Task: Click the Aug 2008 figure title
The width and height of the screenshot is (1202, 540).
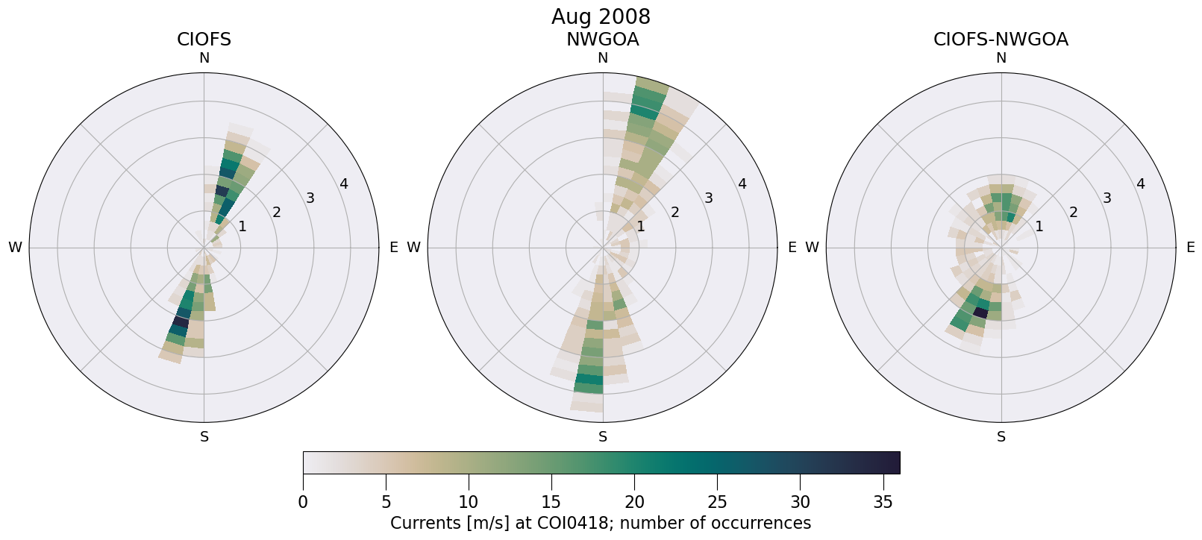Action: click(x=601, y=16)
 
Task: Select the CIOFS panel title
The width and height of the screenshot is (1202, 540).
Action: click(x=204, y=40)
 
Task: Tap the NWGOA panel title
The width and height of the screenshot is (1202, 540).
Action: click(x=602, y=40)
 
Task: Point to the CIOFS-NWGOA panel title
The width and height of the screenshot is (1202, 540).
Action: click(x=1001, y=40)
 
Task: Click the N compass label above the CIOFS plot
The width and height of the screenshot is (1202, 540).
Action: click(x=204, y=58)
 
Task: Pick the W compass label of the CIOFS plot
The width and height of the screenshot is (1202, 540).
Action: click(x=15, y=248)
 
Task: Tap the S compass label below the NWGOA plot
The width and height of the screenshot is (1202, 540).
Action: click(x=602, y=437)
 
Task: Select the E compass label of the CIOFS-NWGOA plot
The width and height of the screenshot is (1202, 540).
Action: click(x=1190, y=248)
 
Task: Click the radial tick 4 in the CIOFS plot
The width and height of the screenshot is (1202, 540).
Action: click(x=343, y=184)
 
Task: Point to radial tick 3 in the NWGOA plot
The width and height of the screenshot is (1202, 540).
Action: click(x=708, y=198)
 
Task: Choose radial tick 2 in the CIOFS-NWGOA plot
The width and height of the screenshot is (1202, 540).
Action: click(x=1073, y=213)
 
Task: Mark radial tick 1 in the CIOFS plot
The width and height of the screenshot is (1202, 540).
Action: click(x=242, y=226)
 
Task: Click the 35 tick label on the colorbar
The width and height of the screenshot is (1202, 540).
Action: click(x=883, y=503)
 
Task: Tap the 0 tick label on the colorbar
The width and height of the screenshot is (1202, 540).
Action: click(x=303, y=503)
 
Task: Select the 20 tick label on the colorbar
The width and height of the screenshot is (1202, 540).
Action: click(x=634, y=503)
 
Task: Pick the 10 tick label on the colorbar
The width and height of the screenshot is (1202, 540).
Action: click(x=469, y=503)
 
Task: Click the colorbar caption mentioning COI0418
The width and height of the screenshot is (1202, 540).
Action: click(x=601, y=523)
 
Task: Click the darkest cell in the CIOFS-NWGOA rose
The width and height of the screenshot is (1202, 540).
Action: click(x=980, y=313)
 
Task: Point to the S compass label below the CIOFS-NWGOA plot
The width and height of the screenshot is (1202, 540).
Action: click(x=1001, y=437)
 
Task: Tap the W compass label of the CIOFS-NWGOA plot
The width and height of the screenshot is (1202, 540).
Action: click(x=812, y=248)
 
